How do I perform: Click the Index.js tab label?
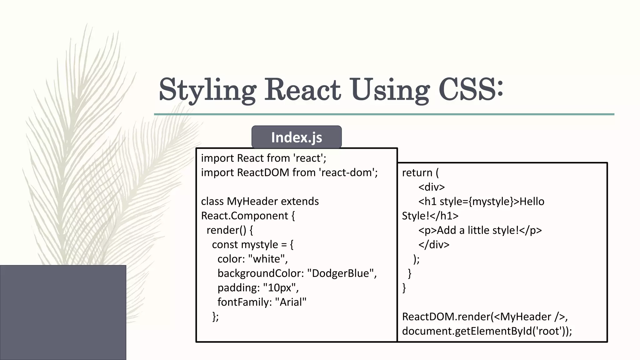(296, 137)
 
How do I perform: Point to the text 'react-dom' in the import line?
(347, 172)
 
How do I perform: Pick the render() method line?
(230, 230)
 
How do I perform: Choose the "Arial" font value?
(291, 302)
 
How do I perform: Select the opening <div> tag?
(431, 187)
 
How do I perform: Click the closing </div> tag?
(434, 244)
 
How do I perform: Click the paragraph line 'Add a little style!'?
(480, 230)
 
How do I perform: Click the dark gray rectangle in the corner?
(63, 312)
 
